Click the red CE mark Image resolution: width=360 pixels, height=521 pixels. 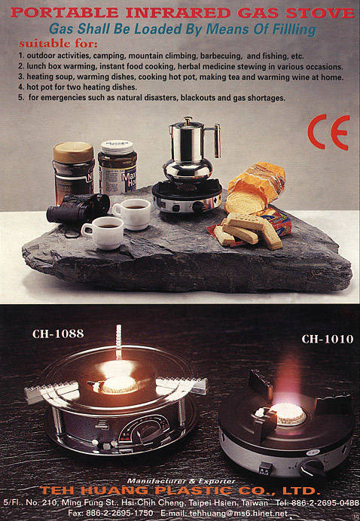tap(329, 132)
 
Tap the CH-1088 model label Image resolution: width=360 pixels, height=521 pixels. tap(58, 334)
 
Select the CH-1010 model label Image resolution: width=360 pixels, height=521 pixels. tap(328, 339)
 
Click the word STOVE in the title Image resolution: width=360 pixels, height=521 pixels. tap(320, 13)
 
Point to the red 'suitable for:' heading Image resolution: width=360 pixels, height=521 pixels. tap(58, 44)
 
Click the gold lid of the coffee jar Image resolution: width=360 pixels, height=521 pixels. tap(74, 152)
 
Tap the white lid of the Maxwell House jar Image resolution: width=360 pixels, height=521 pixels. tap(117, 146)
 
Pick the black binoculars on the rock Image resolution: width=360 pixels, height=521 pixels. tap(78, 208)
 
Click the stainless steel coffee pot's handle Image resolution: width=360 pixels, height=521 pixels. tap(217, 141)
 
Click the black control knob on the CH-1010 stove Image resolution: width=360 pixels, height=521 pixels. tap(312, 470)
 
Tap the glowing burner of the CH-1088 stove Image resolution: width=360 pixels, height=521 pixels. tap(119, 385)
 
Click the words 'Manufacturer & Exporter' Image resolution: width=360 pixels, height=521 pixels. tap(182, 481)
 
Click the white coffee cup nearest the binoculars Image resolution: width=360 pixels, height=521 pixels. tap(102, 233)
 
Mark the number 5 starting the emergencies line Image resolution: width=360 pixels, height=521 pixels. tap(20, 98)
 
